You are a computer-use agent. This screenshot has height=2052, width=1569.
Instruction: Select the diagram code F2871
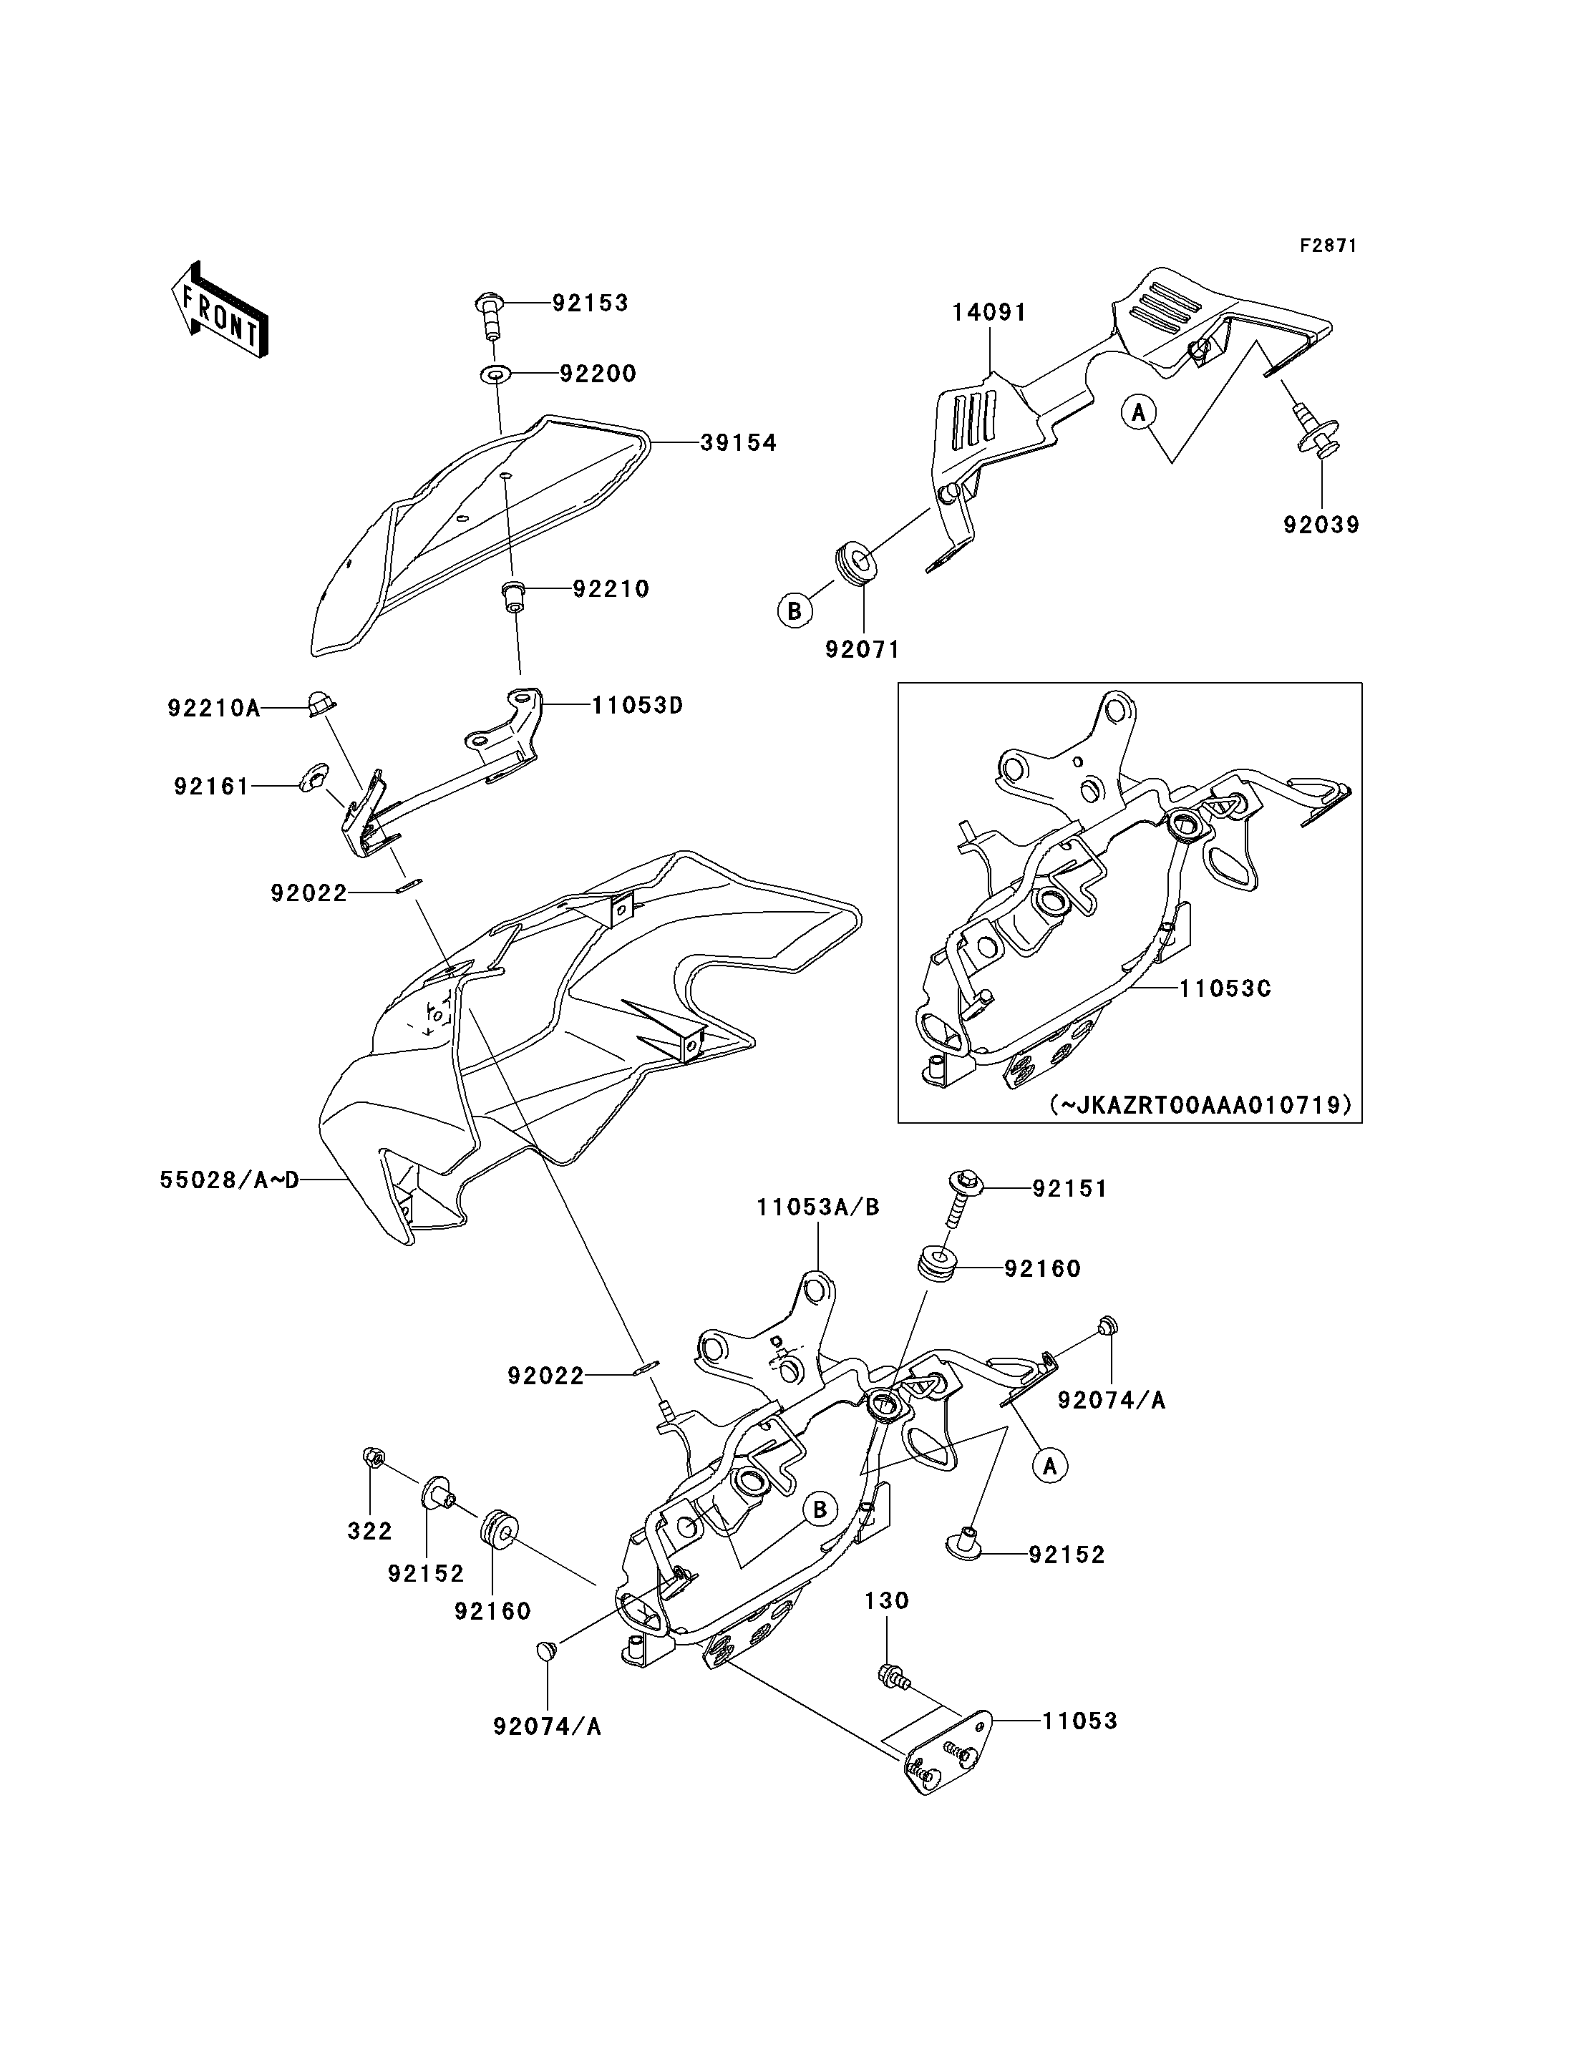(1329, 245)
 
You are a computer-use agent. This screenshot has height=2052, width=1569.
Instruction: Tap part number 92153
(591, 303)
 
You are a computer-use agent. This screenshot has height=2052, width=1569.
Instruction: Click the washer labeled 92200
(496, 374)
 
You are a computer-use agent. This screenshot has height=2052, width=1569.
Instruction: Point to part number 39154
(739, 444)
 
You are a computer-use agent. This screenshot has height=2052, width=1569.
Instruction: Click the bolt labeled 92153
(490, 315)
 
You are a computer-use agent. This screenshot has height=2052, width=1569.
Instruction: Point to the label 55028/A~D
(230, 1180)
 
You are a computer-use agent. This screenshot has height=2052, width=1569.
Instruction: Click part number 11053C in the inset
(1225, 988)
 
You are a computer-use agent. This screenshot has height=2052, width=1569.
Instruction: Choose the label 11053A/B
(818, 1207)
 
